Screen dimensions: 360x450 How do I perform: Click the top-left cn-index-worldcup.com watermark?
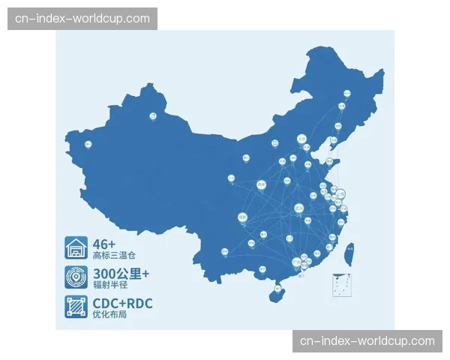(83, 19)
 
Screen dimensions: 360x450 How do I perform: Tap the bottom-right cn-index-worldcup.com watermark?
(367, 341)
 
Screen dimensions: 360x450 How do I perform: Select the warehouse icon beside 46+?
(76, 248)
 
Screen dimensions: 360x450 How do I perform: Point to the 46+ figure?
(104, 244)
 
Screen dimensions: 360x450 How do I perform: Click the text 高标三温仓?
(114, 256)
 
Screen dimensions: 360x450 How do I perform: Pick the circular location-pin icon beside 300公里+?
(76, 277)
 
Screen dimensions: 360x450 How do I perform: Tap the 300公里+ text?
(121, 273)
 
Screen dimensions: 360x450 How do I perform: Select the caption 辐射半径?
(109, 286)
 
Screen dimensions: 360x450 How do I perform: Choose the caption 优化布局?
(109, 315)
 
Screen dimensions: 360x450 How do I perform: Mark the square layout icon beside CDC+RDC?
(76, 307)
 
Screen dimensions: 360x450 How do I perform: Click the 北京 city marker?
(301, 139)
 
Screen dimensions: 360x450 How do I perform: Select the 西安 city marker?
(261, 184)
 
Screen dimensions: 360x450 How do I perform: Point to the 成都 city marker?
(242, 217)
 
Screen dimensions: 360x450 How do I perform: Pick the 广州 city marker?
(297, 262)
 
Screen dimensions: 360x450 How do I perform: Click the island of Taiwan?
(348, 255)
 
